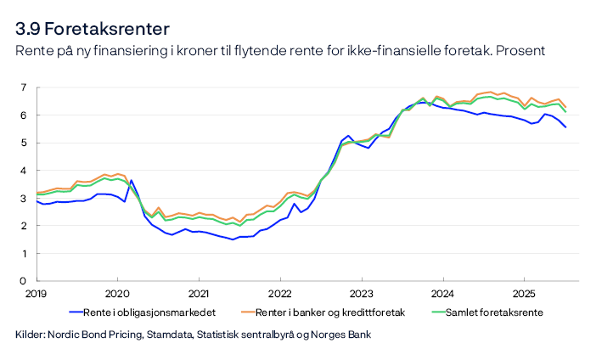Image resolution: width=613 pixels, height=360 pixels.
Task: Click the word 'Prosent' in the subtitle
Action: [x=519, y=52]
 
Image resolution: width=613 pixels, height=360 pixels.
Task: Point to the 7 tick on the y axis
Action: [x=23, y=87]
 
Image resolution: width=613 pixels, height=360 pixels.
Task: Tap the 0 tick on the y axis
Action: [x=23, y=281]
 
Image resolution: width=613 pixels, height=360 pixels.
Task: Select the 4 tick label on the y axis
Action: [x=23, y=171]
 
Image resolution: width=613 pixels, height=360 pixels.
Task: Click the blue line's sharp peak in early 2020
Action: [x=131, y=180]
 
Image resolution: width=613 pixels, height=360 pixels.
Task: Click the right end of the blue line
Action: [x=565, y=127]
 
